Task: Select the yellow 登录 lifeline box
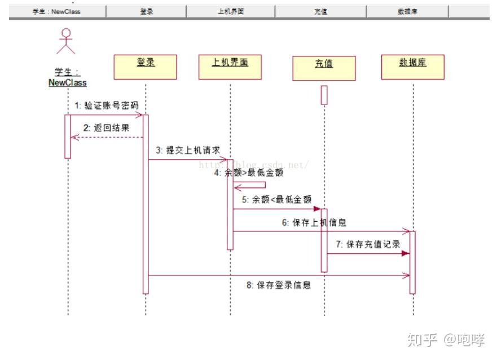point(145,67)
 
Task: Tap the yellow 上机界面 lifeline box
point(230,67)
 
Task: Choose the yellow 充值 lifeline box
point(324,68)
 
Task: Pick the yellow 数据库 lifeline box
point(413,67)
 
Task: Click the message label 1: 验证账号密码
point(106,106)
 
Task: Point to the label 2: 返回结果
point(106,128)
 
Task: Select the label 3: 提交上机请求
point(188,151)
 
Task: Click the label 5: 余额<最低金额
point(276,199)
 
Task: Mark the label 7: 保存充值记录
point(367,244)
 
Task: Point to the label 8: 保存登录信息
point(278,285)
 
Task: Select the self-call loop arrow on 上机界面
point(251,185)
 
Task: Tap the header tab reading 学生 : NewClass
point(56,11)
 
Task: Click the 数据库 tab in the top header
point(407,11)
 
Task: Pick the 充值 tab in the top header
point(320,11)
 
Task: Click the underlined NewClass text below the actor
point(68,82)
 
